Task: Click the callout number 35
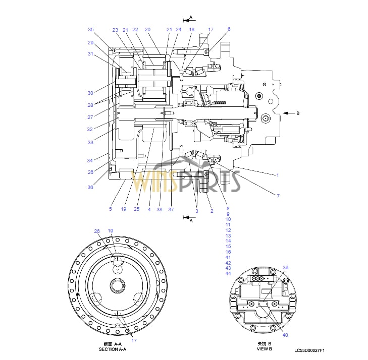(x=91, y=29)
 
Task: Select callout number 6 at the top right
(x=229, y=29)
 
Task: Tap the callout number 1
(x=277, y=175)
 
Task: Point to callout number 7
(x=277, y=196)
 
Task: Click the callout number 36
(x=91, y=188)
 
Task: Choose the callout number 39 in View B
(x=285, y=268)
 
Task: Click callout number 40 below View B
(x=285, y=335)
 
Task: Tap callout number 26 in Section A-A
(x=97, y=231)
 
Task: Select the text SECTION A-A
(x=112, y=349)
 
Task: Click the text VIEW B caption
(x=264, y=348)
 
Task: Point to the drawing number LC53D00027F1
(x=310, y=350)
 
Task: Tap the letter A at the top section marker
(x=190, y=17)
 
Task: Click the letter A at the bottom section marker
(x=190, y=220)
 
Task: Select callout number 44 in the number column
(x=228, y=273)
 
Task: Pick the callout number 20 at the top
(x=147, y=29)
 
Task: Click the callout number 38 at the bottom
(x=160, y=210)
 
